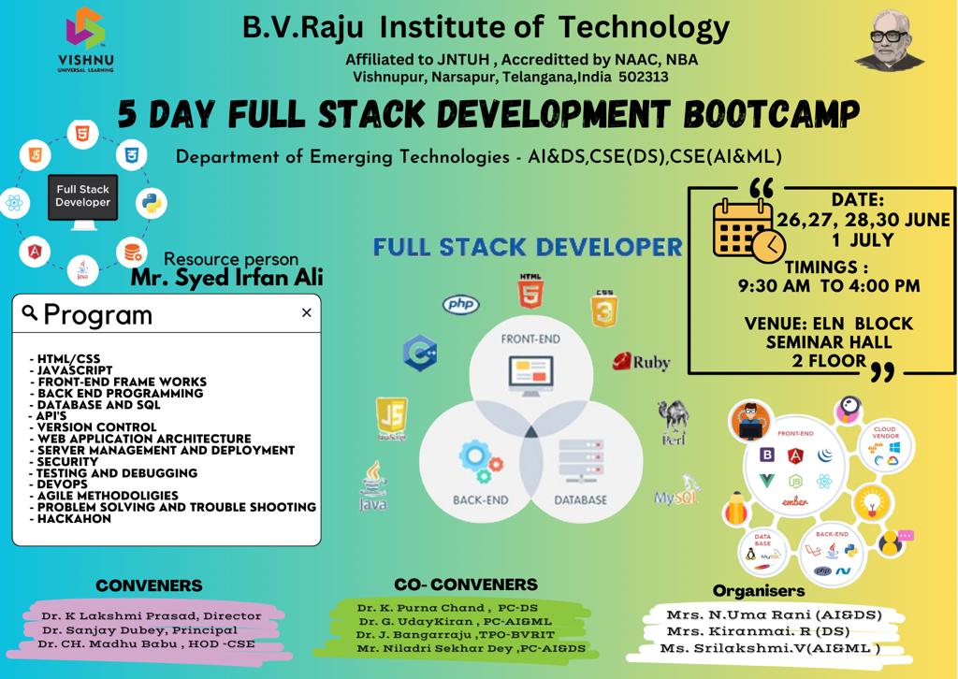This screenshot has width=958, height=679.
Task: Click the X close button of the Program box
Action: tap(306, 313)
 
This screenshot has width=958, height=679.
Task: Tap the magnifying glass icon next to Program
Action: tap(30, 312)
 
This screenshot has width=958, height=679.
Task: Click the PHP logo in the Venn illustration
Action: tap(460, 304)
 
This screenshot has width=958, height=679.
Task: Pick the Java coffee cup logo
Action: tap(373, 486)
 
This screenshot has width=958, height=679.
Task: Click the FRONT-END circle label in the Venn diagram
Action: tap(530, 338)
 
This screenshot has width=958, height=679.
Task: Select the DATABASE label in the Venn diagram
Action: tap(580, 500)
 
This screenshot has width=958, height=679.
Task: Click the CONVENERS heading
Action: tap(149, 586)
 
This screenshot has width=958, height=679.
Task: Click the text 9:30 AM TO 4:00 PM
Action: tap(826, 285)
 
